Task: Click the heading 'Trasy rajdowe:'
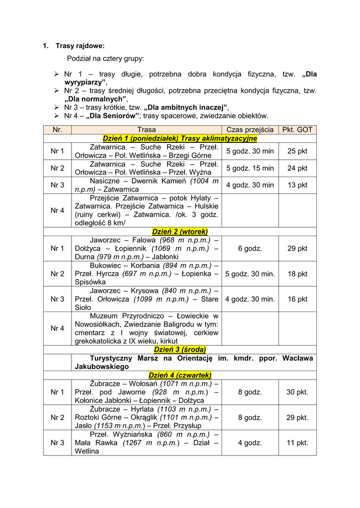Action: click(80, 46)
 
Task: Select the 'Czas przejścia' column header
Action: click(250, 129)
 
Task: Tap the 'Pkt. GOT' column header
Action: click(297, 129)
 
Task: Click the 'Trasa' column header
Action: click(146, 129)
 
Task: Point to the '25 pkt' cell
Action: click(297, 151)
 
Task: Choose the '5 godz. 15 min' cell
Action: click(250, 168)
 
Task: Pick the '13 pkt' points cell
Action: click(297, 185)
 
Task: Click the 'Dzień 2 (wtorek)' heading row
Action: click(180, 231)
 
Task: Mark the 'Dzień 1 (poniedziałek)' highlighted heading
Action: click(180, 138)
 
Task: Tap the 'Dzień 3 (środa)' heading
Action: click(180, 349)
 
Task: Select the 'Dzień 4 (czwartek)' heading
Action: click(180, 375)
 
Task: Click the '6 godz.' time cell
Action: click(250, 249)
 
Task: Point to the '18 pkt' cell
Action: click(297, 274)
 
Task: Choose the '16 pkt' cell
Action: click(297, 299)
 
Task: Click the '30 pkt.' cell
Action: click(297, 392)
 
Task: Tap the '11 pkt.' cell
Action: click(297, 443)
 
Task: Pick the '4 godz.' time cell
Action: click(250, 443)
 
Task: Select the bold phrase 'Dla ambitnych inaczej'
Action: click(186, 107)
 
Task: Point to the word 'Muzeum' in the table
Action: click(103, 316)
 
